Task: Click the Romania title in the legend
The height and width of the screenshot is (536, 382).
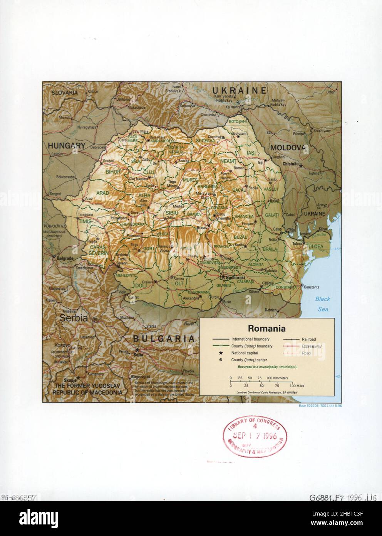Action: (x=266, y=329)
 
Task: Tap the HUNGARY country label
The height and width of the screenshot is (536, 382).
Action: (x=66, y=146)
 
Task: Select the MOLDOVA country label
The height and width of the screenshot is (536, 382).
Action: (x=288, y=148)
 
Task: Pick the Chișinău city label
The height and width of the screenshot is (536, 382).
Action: (x=291, y=164)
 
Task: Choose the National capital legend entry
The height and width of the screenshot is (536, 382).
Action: (x=245, y=353)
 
